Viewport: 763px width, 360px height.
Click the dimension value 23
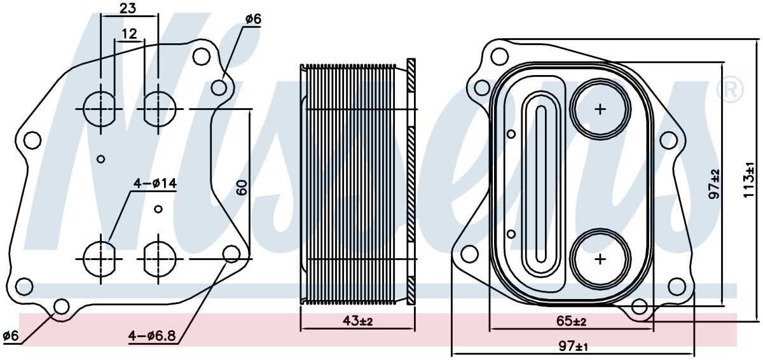point(128,8)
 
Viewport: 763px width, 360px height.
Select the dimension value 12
point(129,33)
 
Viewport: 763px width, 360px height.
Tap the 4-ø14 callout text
point(155,184)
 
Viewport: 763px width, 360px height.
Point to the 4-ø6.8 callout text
point(152,336)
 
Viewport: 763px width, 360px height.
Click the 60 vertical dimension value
point(242,188)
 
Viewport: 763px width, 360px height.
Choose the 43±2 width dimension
point(357,321)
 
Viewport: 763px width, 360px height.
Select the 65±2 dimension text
point(571,321)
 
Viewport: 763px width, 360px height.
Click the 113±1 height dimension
point(749,179)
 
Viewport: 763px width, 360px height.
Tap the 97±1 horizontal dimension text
point(574,347)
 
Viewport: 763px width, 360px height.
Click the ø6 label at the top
point(253,19)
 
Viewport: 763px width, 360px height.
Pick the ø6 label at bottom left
point(11,336)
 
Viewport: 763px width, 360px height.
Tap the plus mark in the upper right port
point(600,109)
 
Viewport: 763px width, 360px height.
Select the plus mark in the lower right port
point(600,259)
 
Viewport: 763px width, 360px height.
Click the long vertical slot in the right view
point(541,184)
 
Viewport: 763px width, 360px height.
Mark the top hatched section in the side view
point(411,75)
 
